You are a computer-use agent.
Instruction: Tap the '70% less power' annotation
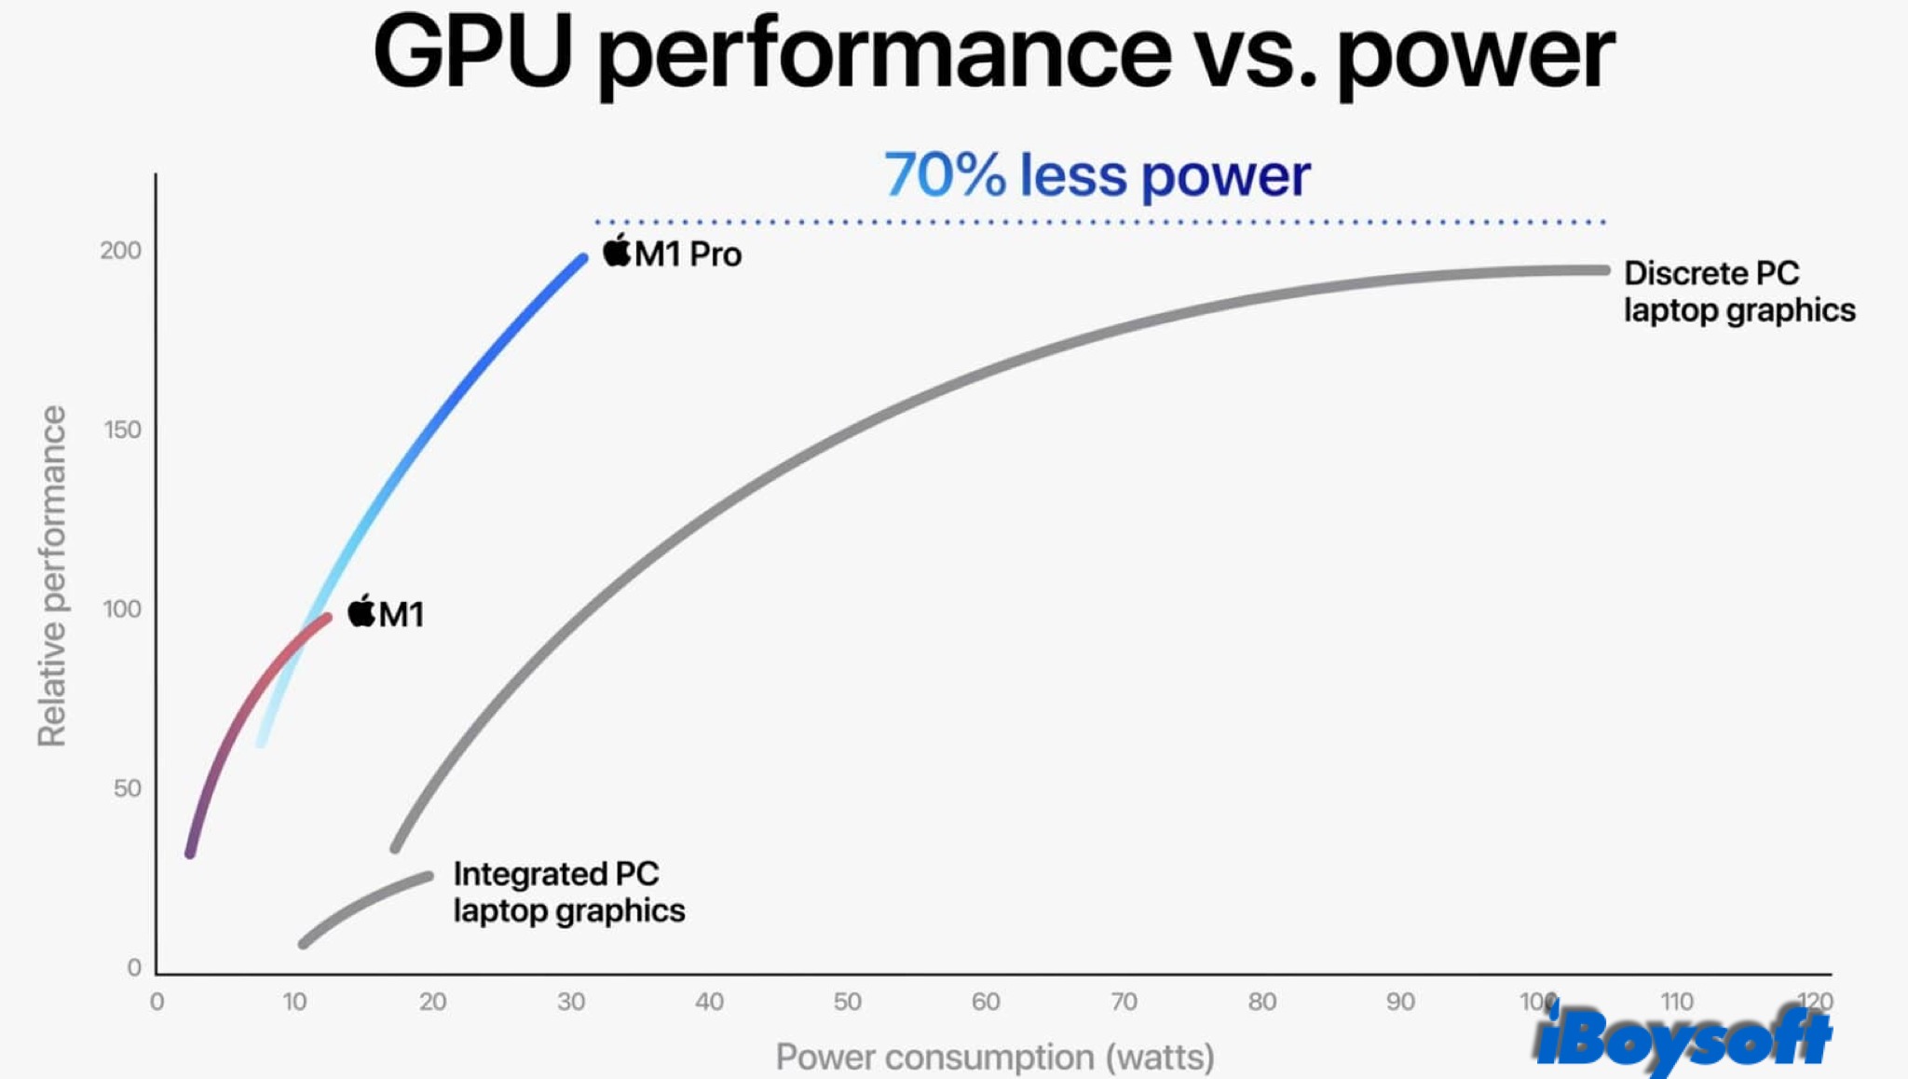[1097, 175]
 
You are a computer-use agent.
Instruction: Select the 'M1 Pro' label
[688, 254]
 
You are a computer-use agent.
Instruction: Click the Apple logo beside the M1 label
[361, 611]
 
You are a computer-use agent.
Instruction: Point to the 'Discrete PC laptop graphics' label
[1738, 292]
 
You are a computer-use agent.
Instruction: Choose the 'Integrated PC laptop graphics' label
[568, 892]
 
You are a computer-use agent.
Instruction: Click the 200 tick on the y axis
[121, 251]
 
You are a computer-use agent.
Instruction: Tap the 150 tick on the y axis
[122, 430]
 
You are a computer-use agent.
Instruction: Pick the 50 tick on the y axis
[127, 788]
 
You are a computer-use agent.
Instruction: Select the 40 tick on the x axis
[709, 1002]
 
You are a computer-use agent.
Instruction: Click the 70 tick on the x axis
[1124, 1002]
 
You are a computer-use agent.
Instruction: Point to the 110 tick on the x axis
[1676, 1002]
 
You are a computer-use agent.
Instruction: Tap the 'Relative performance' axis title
[52, 576]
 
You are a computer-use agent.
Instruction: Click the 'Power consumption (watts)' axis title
[995, 1058]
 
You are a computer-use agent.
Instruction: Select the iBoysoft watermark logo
[1683, 1038]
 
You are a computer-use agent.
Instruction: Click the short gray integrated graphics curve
[363, 905]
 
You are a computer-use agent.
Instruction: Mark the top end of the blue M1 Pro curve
[582, 259]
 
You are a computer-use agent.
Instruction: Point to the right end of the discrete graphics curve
[1603, 270]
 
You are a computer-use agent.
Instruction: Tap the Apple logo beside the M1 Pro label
[617, 251]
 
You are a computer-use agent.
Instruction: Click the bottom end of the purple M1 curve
[191, 852]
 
